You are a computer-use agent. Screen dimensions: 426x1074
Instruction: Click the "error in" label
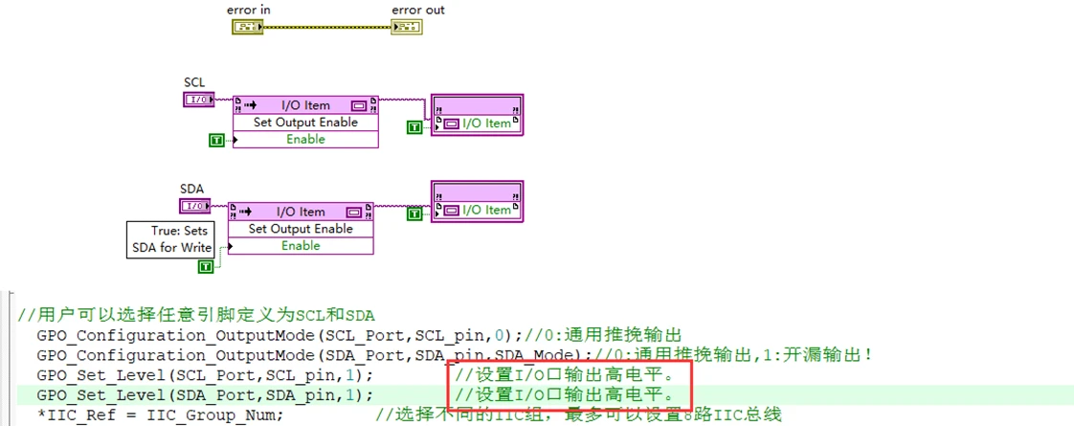click(x=248, y=11)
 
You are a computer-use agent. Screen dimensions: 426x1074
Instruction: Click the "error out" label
click(x=417, y=11)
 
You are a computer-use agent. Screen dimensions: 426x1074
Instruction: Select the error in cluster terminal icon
click(x=247, y=27)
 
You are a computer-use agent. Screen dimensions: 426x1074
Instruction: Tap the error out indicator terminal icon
click(x=406, y=27)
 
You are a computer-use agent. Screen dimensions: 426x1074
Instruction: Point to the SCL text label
click(x=194, y=83)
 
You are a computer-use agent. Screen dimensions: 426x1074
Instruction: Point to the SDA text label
click(x=192, y=190)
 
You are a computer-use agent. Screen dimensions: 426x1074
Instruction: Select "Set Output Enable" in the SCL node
click(x=305, y=123)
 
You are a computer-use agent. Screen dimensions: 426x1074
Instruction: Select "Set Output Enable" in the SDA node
click(x=301, y=229)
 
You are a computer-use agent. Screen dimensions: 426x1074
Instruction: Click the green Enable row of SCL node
click(x=305, y=140)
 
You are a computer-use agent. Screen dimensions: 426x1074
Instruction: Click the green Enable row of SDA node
click(x=301, y=246)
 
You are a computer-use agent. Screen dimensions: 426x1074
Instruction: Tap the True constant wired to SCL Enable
click(x=216, y=141)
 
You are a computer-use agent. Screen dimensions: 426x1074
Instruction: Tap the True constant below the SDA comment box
click(x=205, y=266)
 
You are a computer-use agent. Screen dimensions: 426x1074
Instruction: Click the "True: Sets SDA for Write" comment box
click(x=171, y=239)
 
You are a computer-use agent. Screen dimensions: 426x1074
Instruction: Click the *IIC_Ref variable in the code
click(x=69, y=415)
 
